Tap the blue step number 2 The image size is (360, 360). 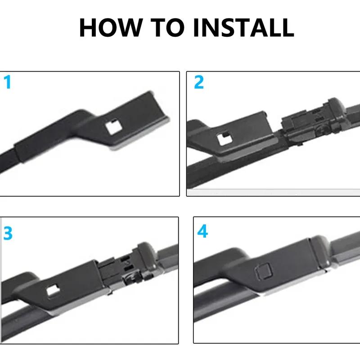click(x=198, y=82)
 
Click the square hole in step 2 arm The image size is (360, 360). click(x=224, y=139)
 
